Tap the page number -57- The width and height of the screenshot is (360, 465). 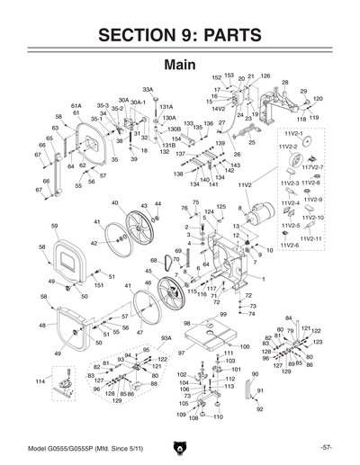point(327,447)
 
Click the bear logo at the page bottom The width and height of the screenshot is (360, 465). point(180,447)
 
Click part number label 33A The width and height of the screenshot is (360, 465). point(148,90)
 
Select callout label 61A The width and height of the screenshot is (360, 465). point(76,105)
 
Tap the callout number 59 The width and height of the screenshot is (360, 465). point(54,226)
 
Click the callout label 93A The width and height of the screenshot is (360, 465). point(166,338)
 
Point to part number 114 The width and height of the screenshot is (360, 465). point(39,381)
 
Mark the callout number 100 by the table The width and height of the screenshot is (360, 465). point(244,346)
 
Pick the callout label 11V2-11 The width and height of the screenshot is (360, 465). point(312,238)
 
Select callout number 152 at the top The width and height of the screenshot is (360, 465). point(216,77)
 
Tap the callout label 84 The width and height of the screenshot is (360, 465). point(288,318)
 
